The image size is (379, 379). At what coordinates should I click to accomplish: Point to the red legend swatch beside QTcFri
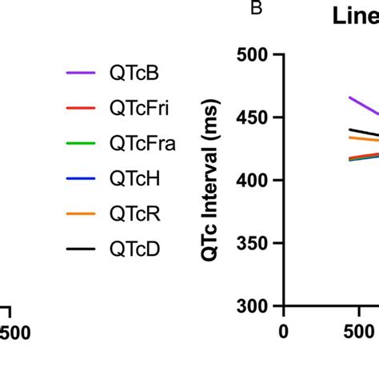pyautogui.click(x=81, y=107)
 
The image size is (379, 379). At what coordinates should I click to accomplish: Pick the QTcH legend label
pyautogui.click(x=134, y=178)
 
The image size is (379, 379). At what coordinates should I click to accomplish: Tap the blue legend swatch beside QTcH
pyautogui.click(x=81, y=178)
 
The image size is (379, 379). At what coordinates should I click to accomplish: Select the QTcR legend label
pyautogui.click(x=134, y=214)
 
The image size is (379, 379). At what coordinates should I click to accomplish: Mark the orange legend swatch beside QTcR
pyautogui.click(x=81, y=214)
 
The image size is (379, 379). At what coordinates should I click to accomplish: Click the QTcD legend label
pyautogui.click(x=134, y=249)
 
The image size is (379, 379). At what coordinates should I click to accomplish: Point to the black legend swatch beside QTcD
pyautogui.click(x=81, y=249)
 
